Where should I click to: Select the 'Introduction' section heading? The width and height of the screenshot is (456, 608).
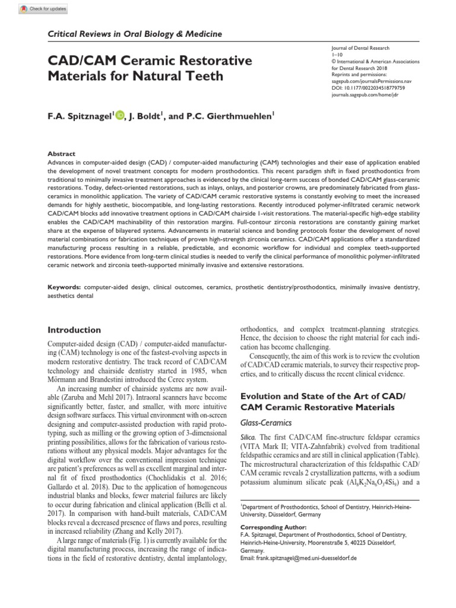point(74,330)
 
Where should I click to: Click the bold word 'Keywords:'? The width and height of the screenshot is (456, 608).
point(65,287)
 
